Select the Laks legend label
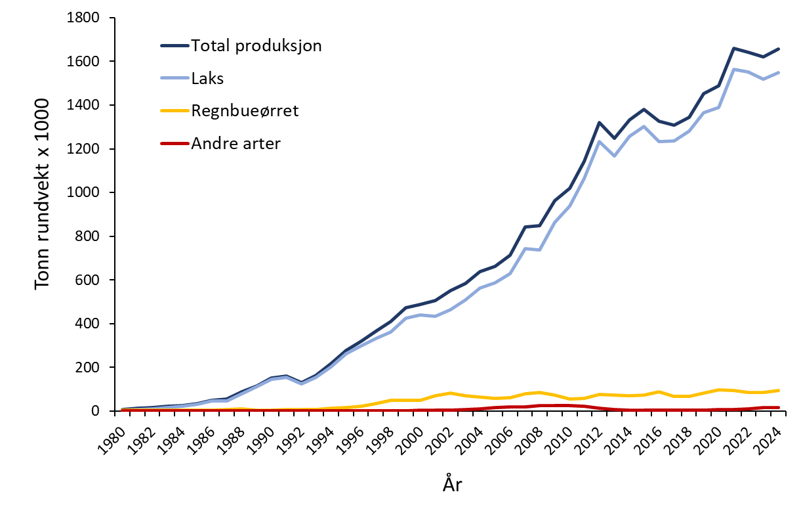(x=208, y=78)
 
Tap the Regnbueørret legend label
(x=244, y=110)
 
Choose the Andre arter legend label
(x=236, y=143)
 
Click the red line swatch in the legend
(x=175, y=143)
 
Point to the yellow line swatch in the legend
(x=175, y=110)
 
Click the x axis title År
(x=452, y=485)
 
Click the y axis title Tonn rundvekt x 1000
(x=43, y=194)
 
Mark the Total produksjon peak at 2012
(x=598, y=122)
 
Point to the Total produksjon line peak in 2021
(x=733, y=49)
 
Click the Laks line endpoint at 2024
(x=777, y=72)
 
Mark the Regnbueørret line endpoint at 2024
(x=777, y=391)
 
